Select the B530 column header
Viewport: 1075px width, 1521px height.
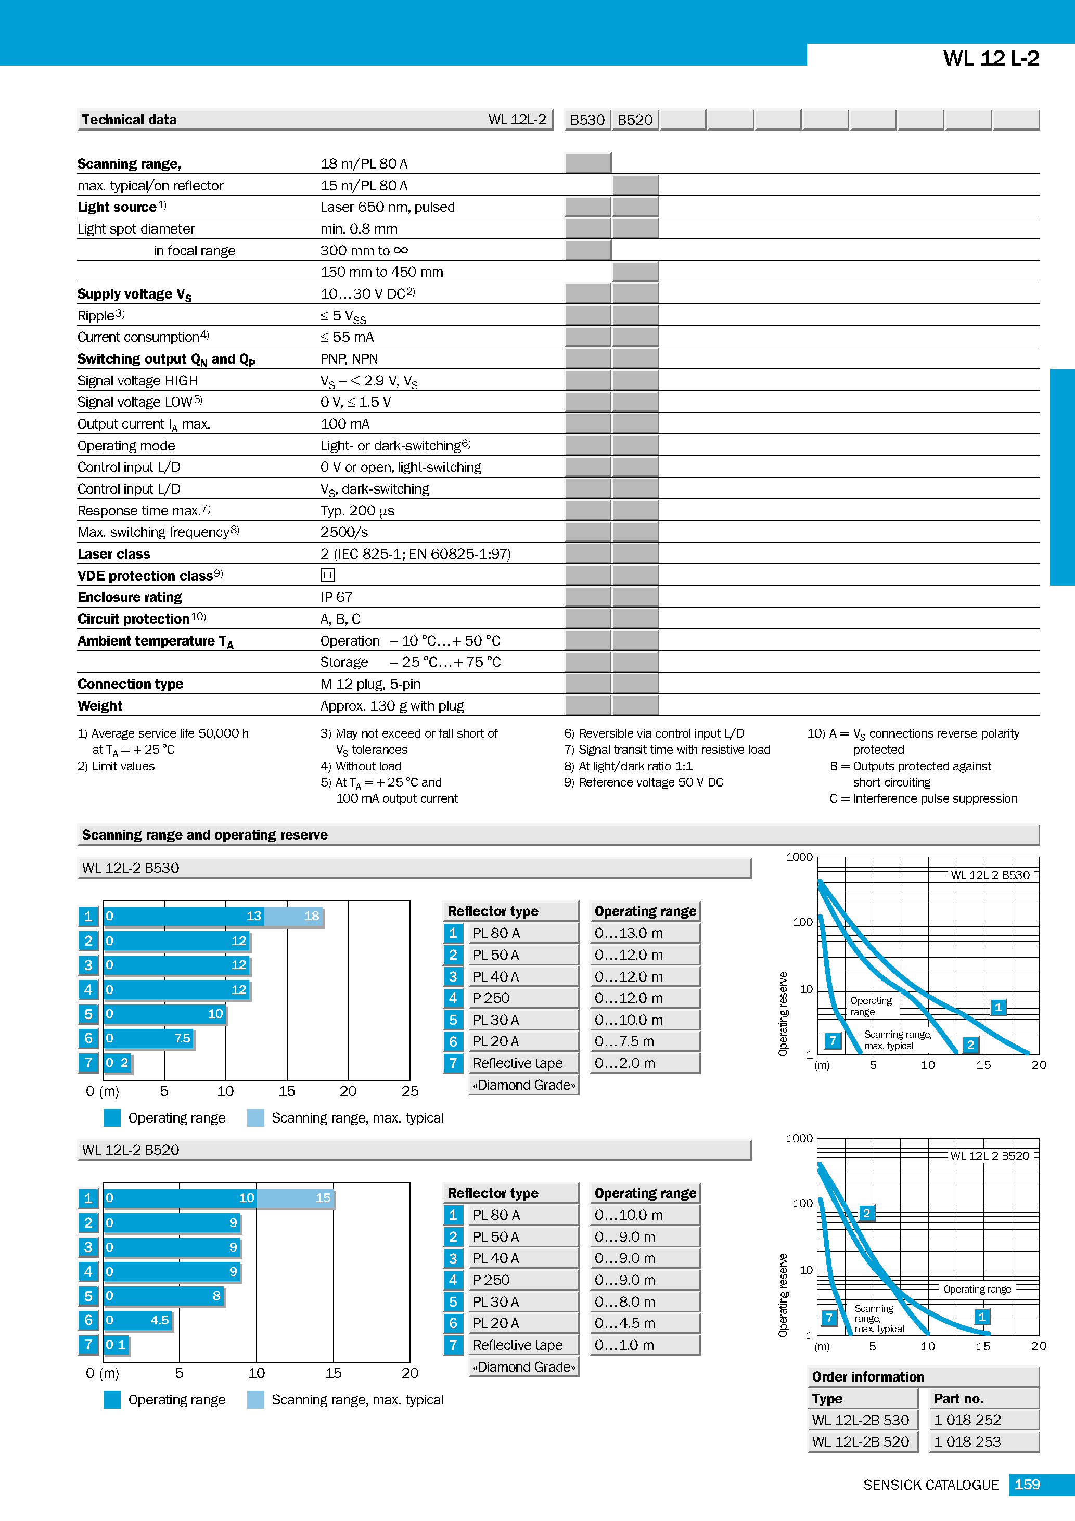tap(587, 120)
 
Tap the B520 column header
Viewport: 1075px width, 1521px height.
tap(635, 120)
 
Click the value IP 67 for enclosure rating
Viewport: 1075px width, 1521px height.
tap(336, 597)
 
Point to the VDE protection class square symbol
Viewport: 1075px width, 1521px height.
tap(327, 575)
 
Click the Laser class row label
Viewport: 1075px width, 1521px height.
tap(113, 554)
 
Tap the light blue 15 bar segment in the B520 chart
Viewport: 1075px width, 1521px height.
tap(296, 1198)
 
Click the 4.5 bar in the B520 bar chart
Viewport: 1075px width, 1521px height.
tap(138, 1320)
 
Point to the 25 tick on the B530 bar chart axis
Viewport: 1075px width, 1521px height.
tap(409, 1091)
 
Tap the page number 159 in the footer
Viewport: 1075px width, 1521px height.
tap(1027, 1485)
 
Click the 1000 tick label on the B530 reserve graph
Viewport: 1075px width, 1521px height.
tap(799, 857)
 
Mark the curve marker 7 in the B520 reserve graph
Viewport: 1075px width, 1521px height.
tap(828, 1318)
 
